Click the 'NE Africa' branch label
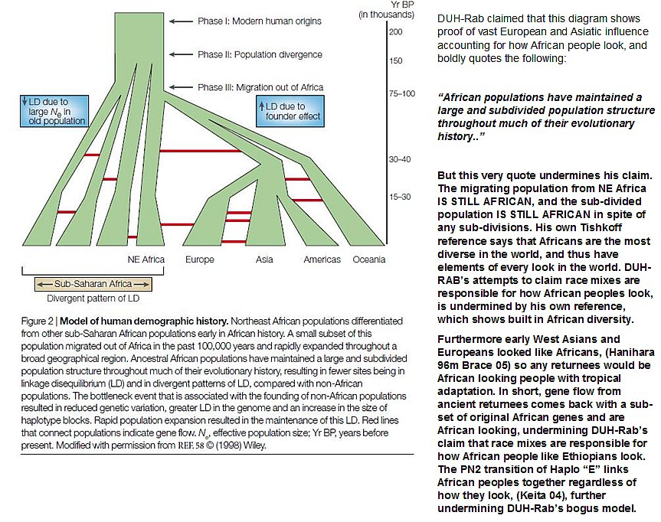coord(145,259)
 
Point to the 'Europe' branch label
coord(200,259)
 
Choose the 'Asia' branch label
coord(264,259)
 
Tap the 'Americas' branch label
coord(322,259)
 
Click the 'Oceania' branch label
coord(368,259)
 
